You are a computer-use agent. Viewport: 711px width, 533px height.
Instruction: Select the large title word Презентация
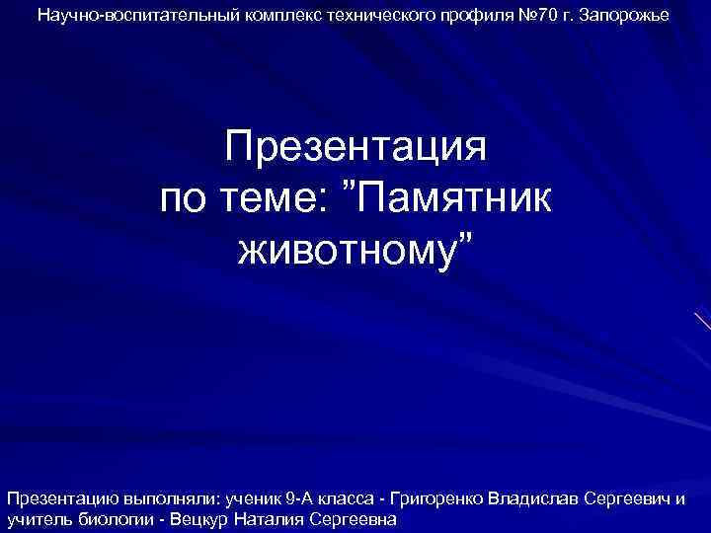[355, 149]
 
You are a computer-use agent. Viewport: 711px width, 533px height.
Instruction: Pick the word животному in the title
[348, 250]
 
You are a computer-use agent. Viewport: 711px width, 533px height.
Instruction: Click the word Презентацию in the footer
[58, 497]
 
